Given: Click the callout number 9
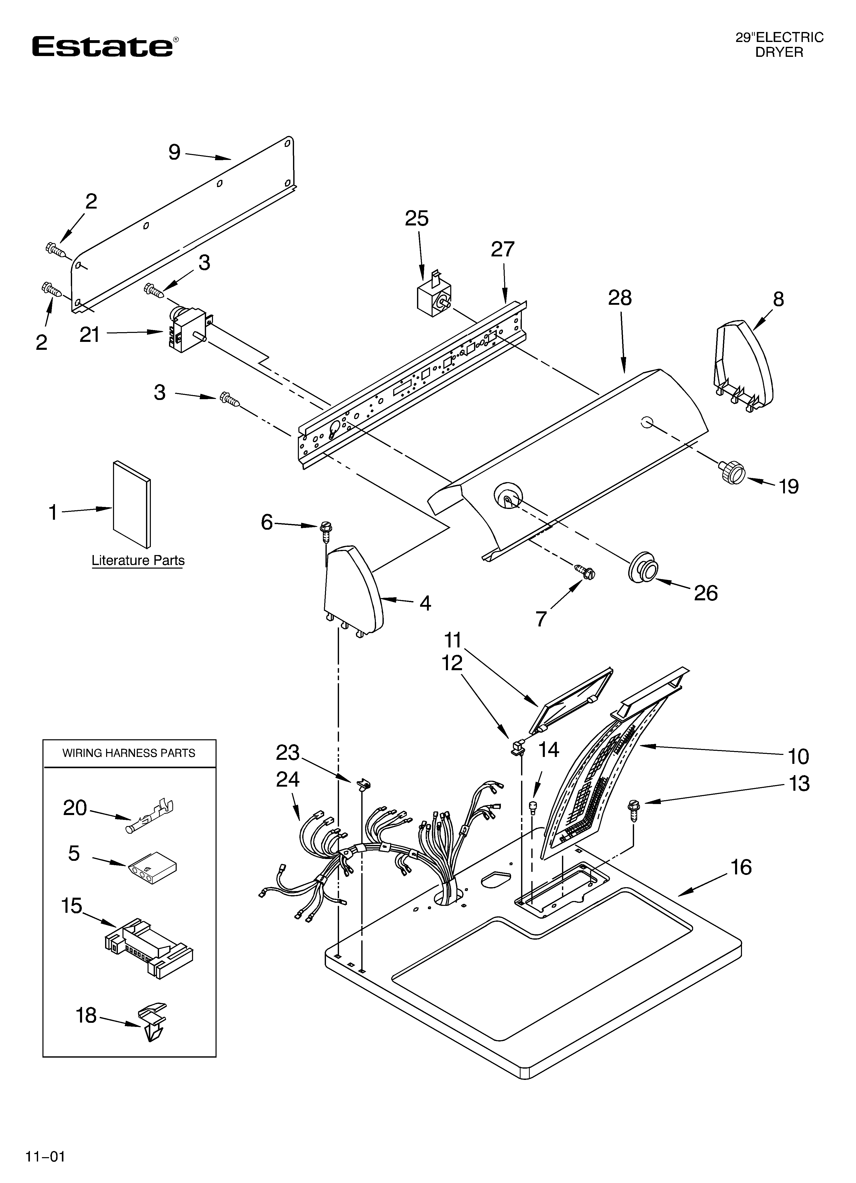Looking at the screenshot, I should click(x=174, y=152).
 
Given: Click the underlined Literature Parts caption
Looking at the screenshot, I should click(x=138, y=560).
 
